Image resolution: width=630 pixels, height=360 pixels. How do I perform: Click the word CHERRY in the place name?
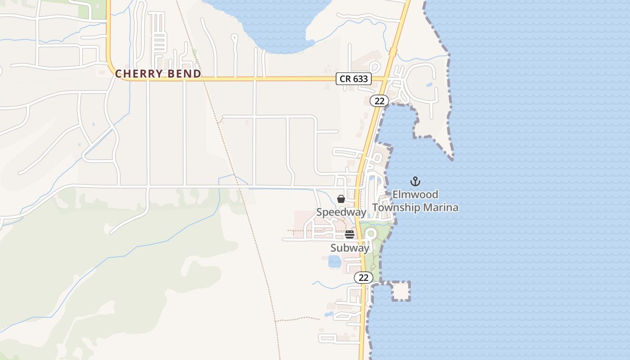tap(139, 74)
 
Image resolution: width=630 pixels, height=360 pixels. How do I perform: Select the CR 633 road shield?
tap(354, 79)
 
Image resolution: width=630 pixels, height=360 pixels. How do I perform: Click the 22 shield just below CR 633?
tap(379, 101)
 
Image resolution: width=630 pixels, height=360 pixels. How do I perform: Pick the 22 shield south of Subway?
tap(363, 278)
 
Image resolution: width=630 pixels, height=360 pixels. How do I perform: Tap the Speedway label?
tap(341, 212)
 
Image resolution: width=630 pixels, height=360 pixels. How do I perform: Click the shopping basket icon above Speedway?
tap(341, 199)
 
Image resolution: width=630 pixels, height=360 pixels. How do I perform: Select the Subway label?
tap(350, 248)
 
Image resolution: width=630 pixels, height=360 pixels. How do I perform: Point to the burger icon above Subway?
tap(350, 234)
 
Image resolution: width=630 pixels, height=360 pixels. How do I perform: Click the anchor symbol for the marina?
tap(415, 182)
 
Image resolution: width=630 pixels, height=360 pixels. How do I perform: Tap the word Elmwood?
tap(415, 194)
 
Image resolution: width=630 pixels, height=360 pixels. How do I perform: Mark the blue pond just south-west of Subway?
tap(334, 261)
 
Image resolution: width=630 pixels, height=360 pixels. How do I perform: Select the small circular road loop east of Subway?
tap(371, 234)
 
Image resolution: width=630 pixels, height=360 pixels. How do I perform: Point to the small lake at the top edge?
tap(274, 22)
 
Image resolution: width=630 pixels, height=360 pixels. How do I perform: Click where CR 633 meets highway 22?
tap(385, 79)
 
